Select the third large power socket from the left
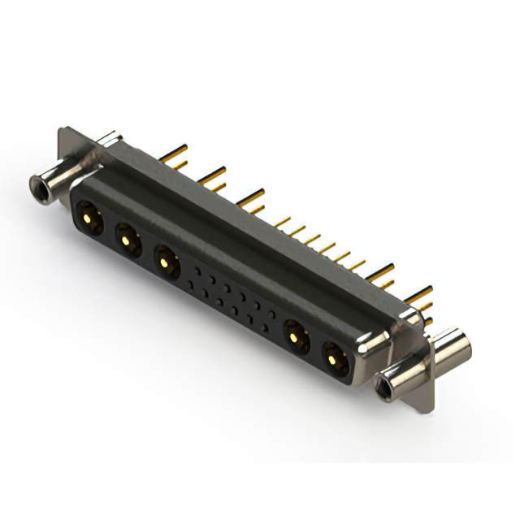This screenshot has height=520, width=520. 166,262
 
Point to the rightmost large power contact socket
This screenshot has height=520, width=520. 333,355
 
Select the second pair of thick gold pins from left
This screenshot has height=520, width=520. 213,177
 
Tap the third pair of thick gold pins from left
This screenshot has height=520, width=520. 252,199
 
